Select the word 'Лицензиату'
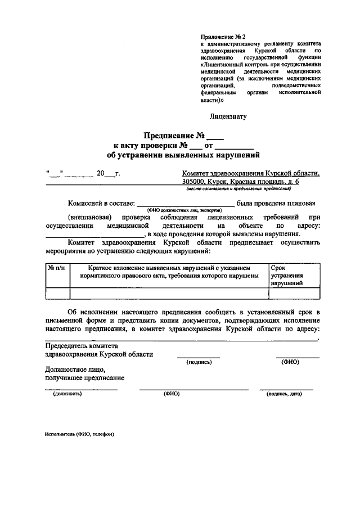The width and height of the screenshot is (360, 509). (228, 117)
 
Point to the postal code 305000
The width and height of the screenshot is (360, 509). (193, 182)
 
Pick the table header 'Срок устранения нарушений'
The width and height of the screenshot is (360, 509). (287, 276)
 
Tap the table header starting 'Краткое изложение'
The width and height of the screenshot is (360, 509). (169, 272)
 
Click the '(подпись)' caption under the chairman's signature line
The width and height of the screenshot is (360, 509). (199, 362)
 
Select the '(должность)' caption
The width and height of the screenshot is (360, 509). (67, 394)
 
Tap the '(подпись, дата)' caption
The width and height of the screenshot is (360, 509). (284, 394)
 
